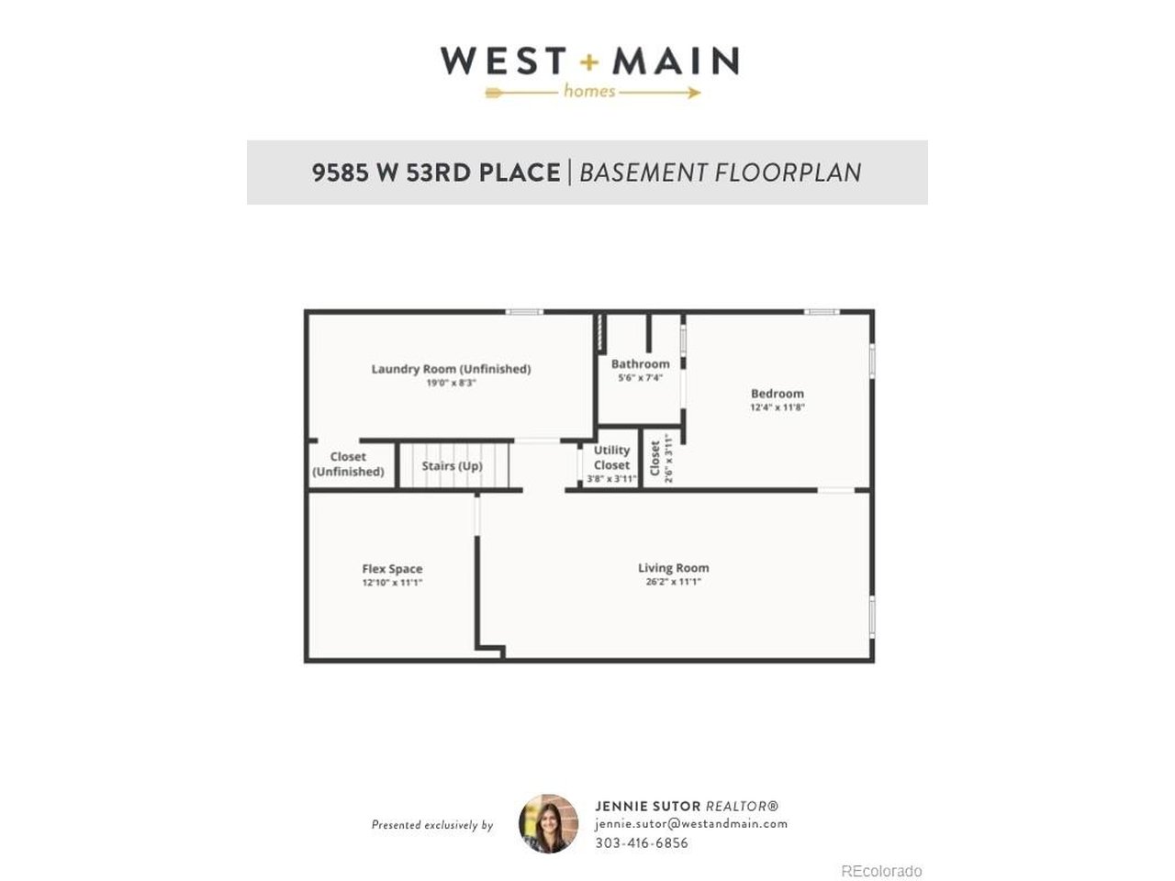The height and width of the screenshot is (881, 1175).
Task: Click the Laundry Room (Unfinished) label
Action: click(x=451, y=369)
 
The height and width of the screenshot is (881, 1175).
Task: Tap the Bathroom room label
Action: click(x=640, y=364)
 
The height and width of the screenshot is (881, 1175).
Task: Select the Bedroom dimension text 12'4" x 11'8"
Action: click(x=777, y=407)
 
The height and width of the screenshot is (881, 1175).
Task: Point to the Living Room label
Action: click(x=673, y=568)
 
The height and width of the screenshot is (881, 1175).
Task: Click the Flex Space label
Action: click(x=392, y=569)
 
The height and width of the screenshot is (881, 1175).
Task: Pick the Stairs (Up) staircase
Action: click(x=453, y=466)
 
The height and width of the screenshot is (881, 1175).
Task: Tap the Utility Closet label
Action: click(x=611, y=457)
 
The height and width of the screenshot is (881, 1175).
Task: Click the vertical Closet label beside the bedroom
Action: click(x=655, y=459)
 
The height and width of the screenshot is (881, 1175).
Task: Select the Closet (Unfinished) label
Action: click(x=348, y=464)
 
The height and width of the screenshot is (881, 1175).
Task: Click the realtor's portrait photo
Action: click(x=548, y=824)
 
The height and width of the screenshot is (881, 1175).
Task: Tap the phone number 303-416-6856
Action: click(x=641, y=842)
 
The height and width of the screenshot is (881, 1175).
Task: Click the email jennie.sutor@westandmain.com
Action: click(x=690, y=824)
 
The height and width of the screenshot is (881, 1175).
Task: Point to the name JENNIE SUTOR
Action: click(x=647, y=806)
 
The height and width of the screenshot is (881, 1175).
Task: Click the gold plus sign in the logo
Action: click(x=588, y=62)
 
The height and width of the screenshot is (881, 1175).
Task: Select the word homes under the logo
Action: click(x=588, y=91)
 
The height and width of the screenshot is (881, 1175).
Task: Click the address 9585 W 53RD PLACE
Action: click(x=436, y=173)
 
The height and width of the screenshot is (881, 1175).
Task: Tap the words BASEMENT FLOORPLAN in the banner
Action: click(x=721, y=173)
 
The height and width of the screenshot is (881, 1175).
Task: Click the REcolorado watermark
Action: click(x=881, y=871)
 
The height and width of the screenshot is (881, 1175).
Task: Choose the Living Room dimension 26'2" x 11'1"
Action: click(x=673, y=582)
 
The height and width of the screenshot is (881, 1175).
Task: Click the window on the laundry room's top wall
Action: click(x=523, y=312)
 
